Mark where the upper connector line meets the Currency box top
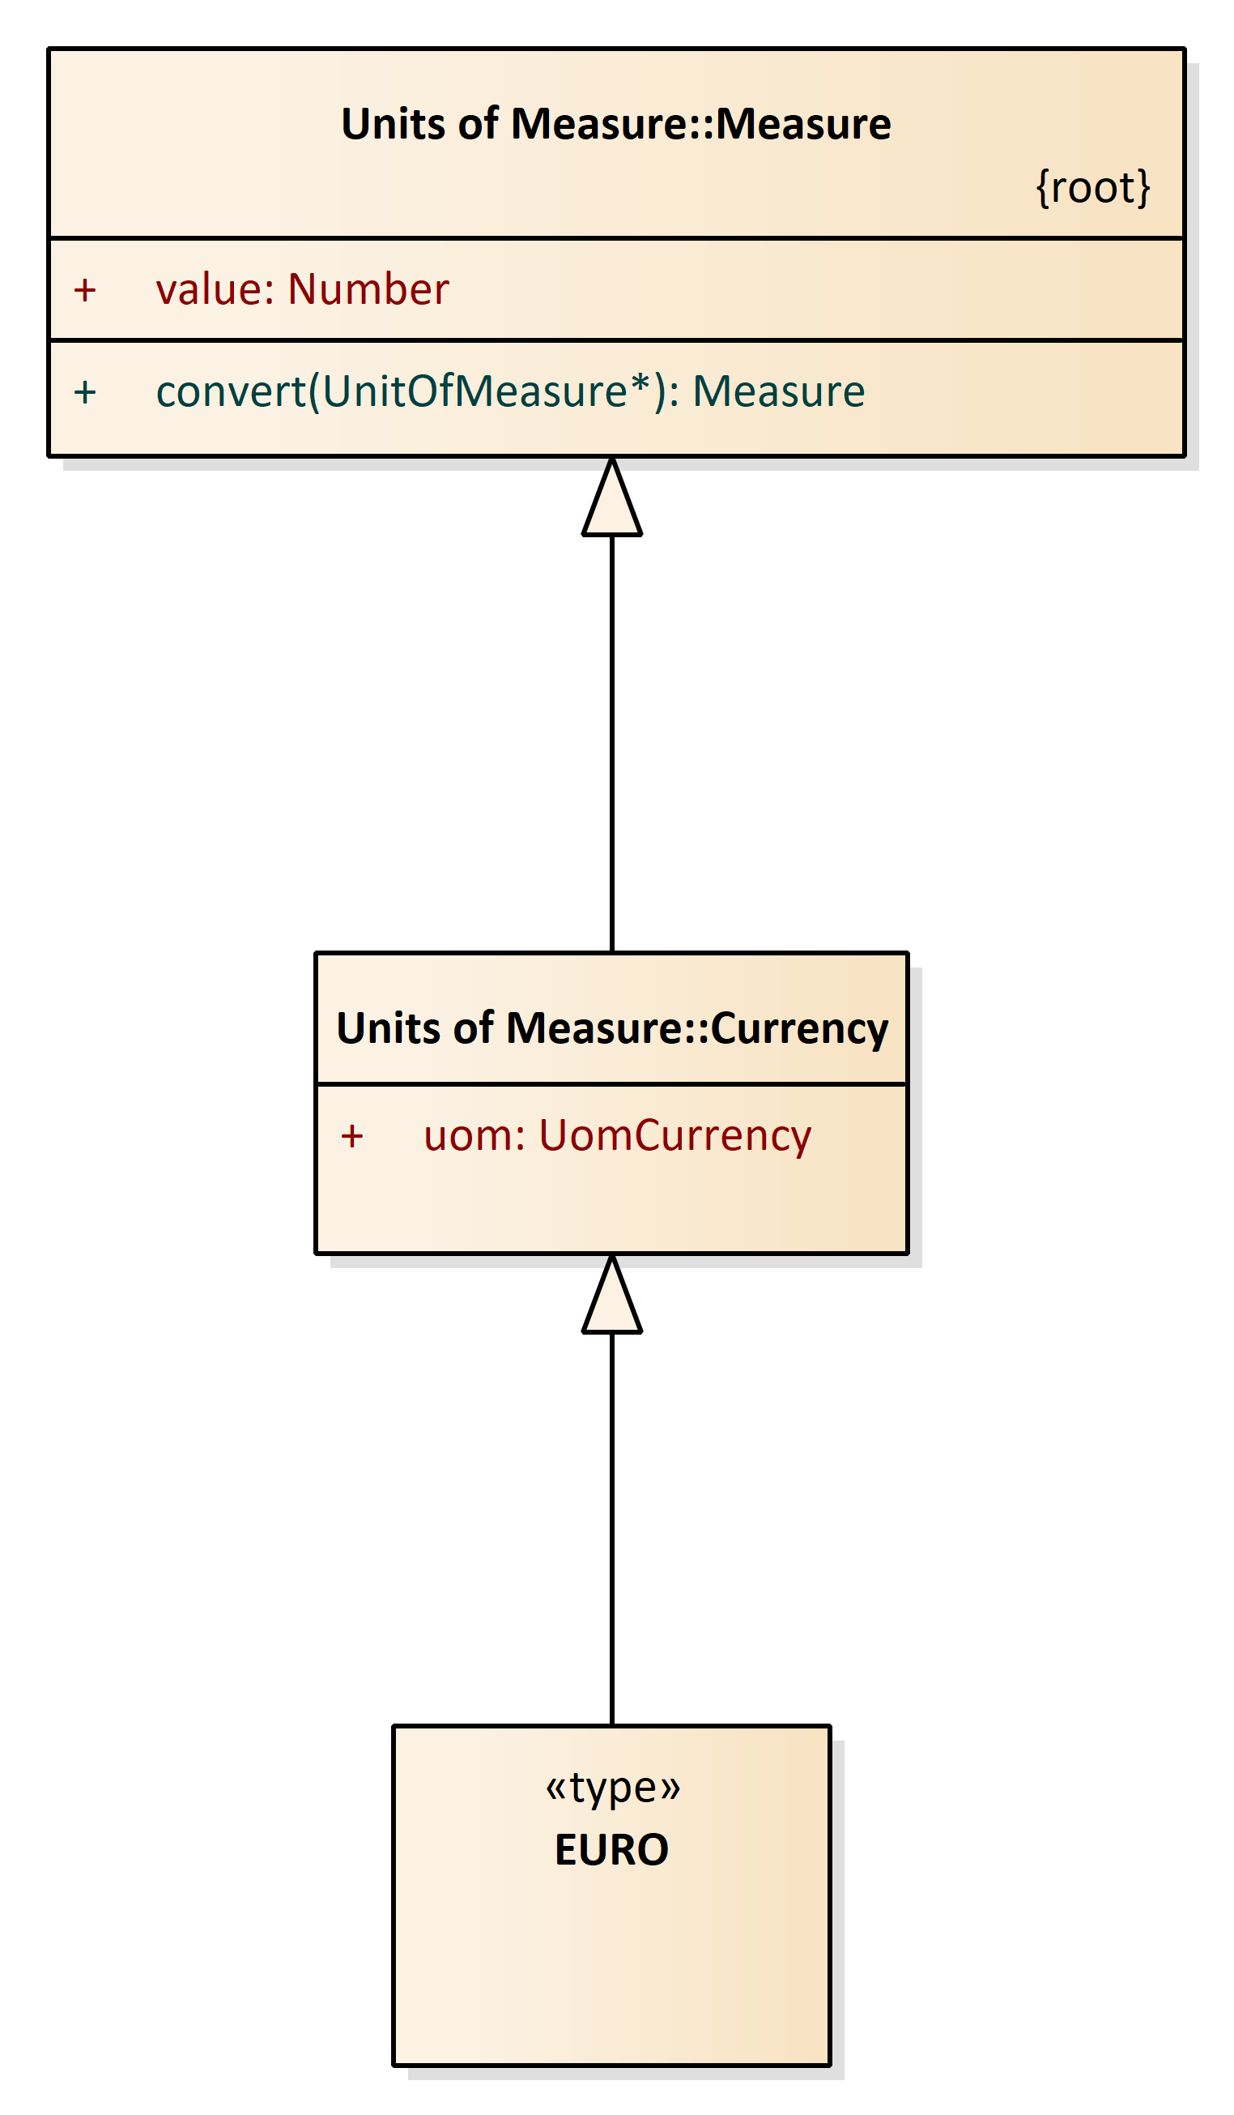coord(612,953)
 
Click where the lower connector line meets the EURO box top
coord(612,1725)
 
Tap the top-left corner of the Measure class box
coord(49,49)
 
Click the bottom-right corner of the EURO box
coord(831,2066)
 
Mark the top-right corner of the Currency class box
coord(908,953)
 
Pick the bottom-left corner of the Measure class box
coord(49,456)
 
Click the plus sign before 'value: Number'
coord(85,290)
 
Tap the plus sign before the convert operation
coord(85,393)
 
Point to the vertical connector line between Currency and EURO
coord(612,1529)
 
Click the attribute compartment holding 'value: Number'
coord(616,289)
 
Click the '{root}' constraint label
coord(1093,187)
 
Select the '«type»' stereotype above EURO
coord(612,1788)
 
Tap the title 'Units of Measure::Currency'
coord(612,1029)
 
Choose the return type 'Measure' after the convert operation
coord(778,392)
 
